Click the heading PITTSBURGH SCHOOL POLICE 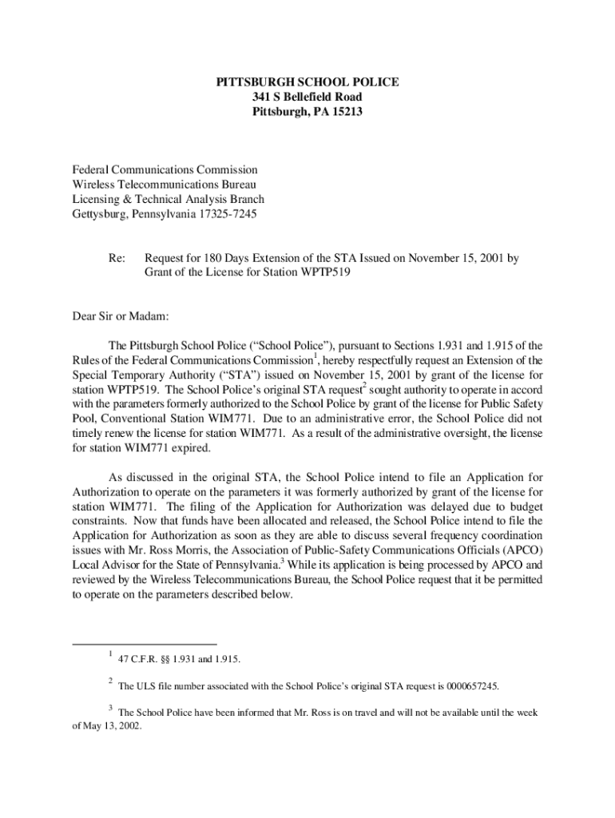click(x=307, y=82)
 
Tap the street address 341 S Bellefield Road click(x=307, y=97)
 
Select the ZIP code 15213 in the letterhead click(x=347, y=112)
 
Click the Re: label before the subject click(x=117, y=259)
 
